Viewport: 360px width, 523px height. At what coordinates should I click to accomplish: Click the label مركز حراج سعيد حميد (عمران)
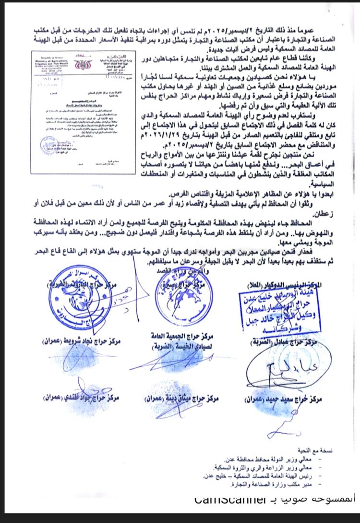tap(288, 398)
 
